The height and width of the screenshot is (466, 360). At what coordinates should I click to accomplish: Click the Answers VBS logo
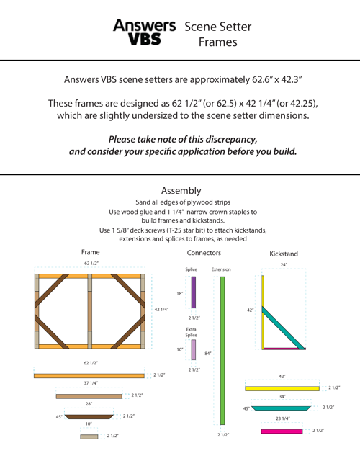[144, 32]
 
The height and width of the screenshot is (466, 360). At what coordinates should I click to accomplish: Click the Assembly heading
[181, 191]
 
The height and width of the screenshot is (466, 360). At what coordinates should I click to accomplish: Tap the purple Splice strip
[194, 292]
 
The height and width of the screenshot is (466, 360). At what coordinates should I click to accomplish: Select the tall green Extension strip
[222, 351]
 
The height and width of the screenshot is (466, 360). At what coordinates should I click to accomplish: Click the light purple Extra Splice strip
[194, 350]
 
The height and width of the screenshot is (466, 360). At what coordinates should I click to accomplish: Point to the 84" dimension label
[207, 354]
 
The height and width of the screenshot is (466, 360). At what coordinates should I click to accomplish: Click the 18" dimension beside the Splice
[180, 294]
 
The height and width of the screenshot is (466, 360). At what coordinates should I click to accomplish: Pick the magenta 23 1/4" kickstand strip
[282, 431]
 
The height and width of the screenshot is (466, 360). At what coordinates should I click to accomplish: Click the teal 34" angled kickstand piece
[281, 408]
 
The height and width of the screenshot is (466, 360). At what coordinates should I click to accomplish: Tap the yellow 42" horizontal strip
[282, 388]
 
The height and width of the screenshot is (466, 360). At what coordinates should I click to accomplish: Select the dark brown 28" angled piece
[89, 417]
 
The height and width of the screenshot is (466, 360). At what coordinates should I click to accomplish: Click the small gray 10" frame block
[89, 436]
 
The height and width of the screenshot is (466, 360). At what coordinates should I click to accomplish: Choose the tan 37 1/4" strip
[89, 396]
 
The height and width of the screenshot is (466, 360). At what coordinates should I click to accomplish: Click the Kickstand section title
[284, 254]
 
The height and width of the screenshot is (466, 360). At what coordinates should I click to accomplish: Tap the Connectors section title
[204, 253]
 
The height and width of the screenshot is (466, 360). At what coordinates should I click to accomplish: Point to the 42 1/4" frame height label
[161, 310]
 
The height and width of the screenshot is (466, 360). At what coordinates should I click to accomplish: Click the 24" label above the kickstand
[284, 264]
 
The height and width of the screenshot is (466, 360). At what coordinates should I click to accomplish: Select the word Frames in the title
[218, 42]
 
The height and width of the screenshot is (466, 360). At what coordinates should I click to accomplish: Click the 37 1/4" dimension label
[91, 383]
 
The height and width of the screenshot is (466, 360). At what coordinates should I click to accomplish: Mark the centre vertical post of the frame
[90, 311]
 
